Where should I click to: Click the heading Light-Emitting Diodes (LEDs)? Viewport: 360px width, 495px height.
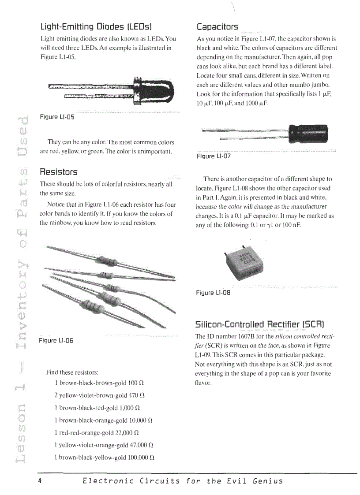[x=96, y=26]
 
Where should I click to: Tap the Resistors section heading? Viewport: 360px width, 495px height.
[x=59, y=171]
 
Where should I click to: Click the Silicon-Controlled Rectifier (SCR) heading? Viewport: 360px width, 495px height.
[x=259, y=324]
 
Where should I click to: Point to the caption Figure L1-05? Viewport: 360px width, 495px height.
[x=57, y=117]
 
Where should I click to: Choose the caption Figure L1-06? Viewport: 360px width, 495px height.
[x=56, y=341]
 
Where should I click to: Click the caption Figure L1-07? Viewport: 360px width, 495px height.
[x=214, y=156]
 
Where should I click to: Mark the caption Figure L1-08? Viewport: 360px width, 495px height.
[x=213, y=293]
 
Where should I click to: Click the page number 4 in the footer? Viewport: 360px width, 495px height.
[x=40, y=480]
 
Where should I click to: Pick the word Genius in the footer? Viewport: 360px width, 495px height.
[x=267, y=480]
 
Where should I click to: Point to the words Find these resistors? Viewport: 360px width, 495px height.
[x=72, y=372]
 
